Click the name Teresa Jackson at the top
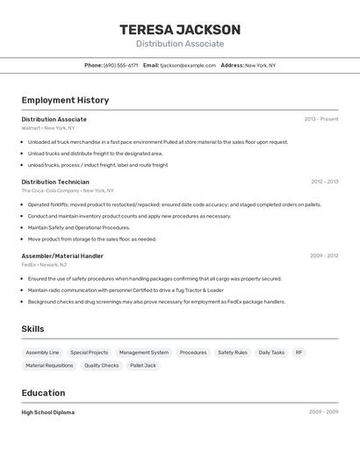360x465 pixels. click(x=179, y=30)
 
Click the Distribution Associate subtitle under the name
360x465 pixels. click(x=179, y=44)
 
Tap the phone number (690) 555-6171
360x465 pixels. click(x=120, y=65)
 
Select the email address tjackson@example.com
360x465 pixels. click(x=187, y=65)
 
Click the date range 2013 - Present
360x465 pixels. click(x=320, y=119)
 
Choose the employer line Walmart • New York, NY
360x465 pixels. click(x=47, y=128)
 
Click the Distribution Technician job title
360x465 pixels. click(x=55, y=182)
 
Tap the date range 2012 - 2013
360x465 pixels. click(x=324, y=182)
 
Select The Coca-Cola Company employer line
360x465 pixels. click(x=68, y=190)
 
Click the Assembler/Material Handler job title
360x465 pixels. click(x=62, y=256)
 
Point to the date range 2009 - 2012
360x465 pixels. click(x=324, y=256)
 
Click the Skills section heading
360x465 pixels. click(x=32, y=329)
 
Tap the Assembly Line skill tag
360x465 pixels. click(x=42, y=353)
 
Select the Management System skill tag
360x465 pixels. click(x=144, y=353)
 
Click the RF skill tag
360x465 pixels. click(x=299, y=353)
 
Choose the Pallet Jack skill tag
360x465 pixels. click(x=143, y=366)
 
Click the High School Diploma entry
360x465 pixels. click(x=47, y=412)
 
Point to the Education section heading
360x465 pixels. click(x=43, y=393)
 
